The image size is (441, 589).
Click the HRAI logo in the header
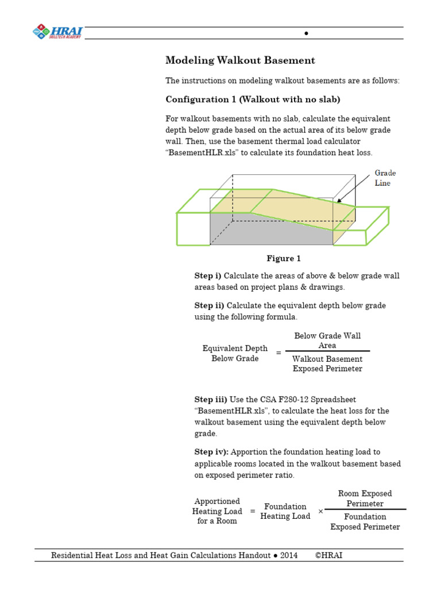[x=58, y=31]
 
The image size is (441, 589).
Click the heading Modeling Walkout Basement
[x=240, y=60]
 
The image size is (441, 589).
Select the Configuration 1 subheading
[x=253, y=100]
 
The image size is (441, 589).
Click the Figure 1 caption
[x=283, y=259]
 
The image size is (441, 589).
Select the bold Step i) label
[x=208, y=276]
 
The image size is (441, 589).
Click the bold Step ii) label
[x=209, y=305]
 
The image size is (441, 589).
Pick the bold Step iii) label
[x=210, y=399]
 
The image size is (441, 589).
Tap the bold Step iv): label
[x=211, y=452]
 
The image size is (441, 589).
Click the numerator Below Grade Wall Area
[x=327, y=341]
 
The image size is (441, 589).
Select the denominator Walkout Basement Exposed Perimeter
[x=327, y=364]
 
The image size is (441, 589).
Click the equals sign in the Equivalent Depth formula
[x=278, y=353]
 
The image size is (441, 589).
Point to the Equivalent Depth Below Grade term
[x=235, y=354]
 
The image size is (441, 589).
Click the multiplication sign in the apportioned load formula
[x=320, y=511]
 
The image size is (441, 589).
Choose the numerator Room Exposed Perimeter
[x=365, y=499]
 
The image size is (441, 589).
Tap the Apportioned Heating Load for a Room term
[x=217, y=511]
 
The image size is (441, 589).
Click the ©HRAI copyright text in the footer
[x=329, y=556]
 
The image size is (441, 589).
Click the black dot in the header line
[x=306, y=33]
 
